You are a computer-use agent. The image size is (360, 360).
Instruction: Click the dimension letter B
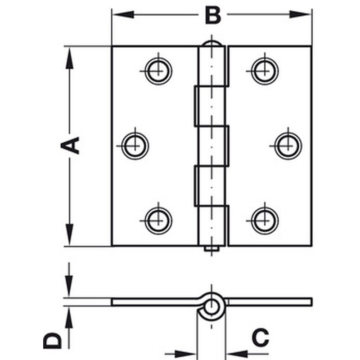(x=212, y=15)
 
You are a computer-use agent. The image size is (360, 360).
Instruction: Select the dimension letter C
(x=260, y=337)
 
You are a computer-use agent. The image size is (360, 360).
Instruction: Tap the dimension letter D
(x=53, y=341)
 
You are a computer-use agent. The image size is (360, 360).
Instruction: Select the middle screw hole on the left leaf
(x=135, y=145)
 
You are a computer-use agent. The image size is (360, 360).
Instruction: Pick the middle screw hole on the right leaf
(x=288, y=145)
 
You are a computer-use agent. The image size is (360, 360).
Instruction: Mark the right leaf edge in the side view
(x=310, y=301)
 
